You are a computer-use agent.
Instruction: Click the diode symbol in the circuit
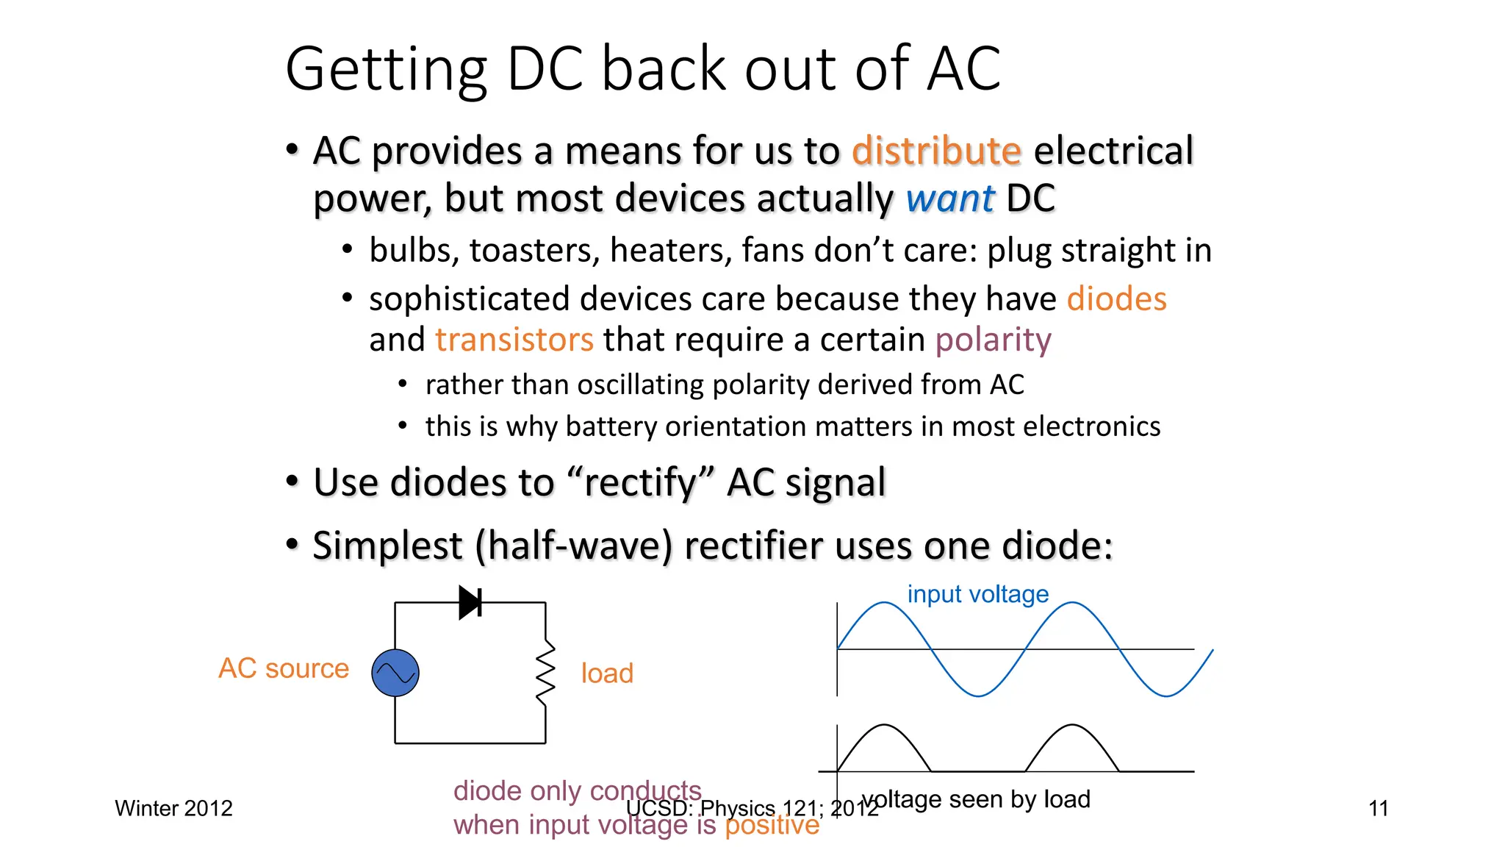click(x=470, y=602)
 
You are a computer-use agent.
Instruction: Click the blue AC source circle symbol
click(x=395, y=673)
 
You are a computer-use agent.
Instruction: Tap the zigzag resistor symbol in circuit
click(x=545, y=673)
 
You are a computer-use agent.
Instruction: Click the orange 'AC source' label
click(x=284, y=668)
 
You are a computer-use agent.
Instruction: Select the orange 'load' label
click(x=607, y=673)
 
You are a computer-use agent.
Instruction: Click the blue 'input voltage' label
click(x=977, y=594)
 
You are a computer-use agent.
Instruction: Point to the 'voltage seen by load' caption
click(x=977, y=799)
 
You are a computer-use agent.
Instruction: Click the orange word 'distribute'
click(x=936, y=151)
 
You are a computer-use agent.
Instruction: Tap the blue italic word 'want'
click(x=950, y=199)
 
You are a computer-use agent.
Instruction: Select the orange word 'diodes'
click(x=1116, y=299)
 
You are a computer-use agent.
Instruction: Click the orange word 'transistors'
click(x=514, y=340)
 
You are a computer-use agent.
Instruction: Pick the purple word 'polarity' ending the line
click(x=993, y=340)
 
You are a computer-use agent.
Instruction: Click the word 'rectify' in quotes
click(x=639, y=483)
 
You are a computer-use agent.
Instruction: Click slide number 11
click(x=1379, y=809)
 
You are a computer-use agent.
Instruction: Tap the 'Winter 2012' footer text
click(x=173, y=809)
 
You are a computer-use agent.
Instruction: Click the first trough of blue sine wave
click(x=979, y=694)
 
